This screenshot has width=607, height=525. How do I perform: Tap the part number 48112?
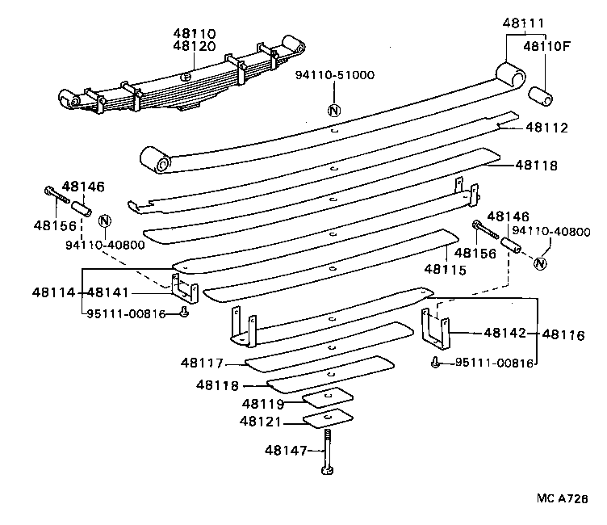point(546,127)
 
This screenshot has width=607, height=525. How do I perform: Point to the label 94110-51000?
point(334,75)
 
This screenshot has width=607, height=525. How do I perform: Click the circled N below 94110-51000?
point(333,111)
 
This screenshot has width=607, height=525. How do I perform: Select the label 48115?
point(446,269)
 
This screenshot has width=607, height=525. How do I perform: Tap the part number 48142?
point(505,332)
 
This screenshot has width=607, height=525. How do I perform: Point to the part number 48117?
point(203,364)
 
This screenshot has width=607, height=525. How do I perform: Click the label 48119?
point(263,402)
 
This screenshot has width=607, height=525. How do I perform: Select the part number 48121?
point(261,421)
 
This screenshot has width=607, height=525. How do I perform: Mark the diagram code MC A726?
point(562,499)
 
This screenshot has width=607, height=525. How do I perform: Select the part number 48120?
point(194,48)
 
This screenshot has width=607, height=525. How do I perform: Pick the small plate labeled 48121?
point(329,418)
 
